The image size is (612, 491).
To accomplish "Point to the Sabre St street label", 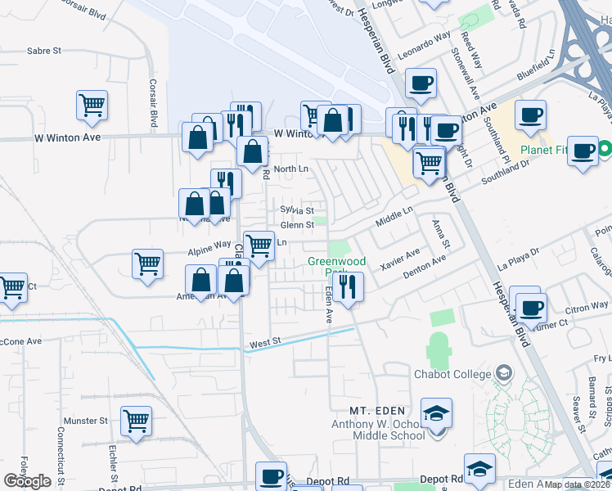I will click(x=44, y=50).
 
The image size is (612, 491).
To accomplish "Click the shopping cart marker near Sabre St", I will click(x=92, y=105).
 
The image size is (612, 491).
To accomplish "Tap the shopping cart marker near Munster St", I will click(x=137, y=421).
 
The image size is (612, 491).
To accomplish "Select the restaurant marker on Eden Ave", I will click(x=349, y=286).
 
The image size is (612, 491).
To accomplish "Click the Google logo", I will click(x=27, y=480).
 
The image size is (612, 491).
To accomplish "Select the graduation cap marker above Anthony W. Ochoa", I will click(x=437, y=412).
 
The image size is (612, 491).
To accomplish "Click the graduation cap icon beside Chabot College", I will click(x=504, y=373).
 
